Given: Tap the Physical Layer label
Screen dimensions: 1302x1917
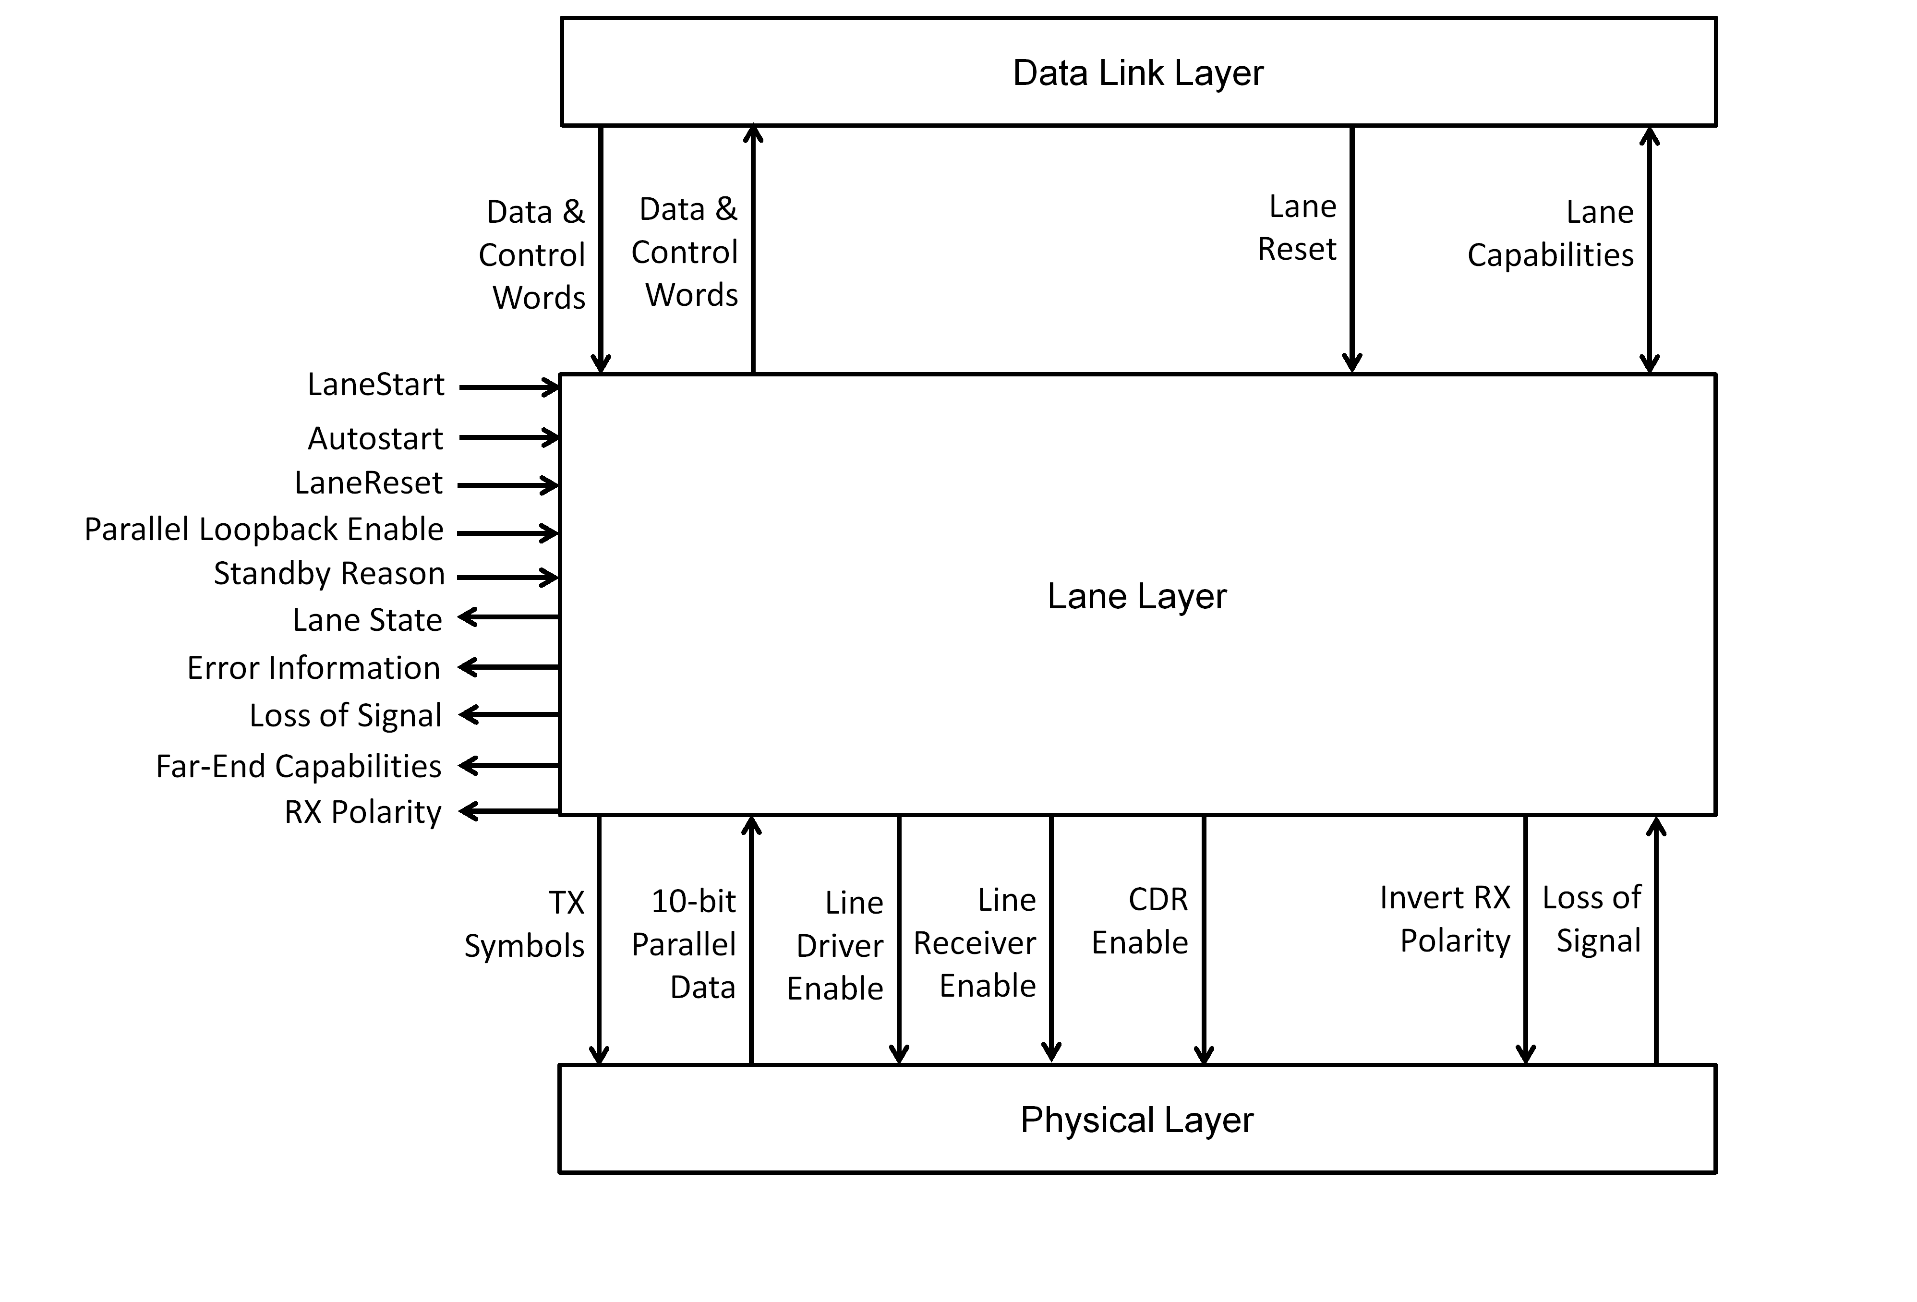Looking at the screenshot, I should (x=1137, y=1120).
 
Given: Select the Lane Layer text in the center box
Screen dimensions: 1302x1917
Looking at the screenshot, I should (x=1137, y=596).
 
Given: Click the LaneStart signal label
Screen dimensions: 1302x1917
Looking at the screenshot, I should (x=375, y=385).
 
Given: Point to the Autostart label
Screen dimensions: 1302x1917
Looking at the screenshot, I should (x=375, y=438).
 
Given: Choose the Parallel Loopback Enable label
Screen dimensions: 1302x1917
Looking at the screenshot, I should (x=264, y=529).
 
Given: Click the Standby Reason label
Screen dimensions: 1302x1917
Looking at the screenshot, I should (x=329, y=573).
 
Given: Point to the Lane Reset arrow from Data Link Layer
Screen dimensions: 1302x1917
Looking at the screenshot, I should (x=1352, y=248).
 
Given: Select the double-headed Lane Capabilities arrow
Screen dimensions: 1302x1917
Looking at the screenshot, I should (x=1649, y=248).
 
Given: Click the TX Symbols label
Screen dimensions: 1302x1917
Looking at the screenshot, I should (x=525, y=924).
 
